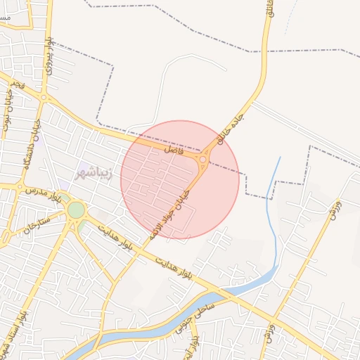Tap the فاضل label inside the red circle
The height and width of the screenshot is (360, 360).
[173, 150]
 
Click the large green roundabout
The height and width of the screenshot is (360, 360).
[76, 210]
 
